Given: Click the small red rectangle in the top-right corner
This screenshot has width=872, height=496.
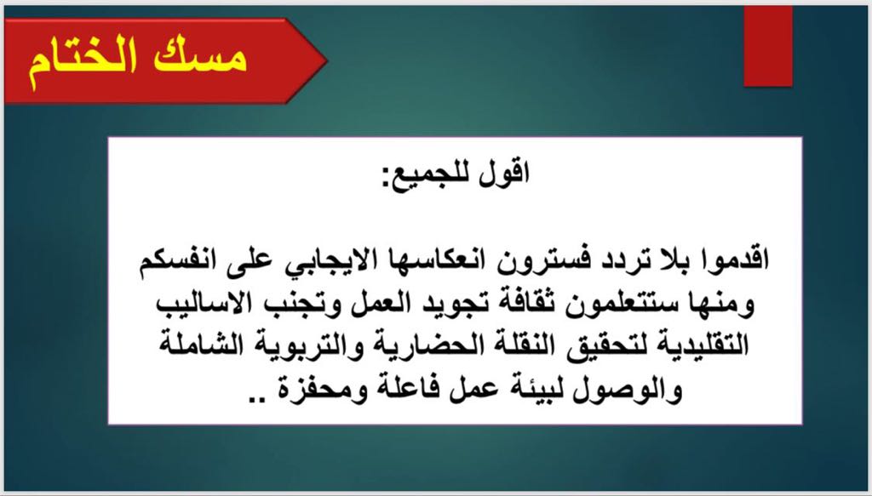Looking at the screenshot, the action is click(x=768, y=47).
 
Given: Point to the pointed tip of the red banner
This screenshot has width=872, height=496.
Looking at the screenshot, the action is click(x=327, y=60).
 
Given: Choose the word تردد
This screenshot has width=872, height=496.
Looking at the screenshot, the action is click(x=604, y=259).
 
